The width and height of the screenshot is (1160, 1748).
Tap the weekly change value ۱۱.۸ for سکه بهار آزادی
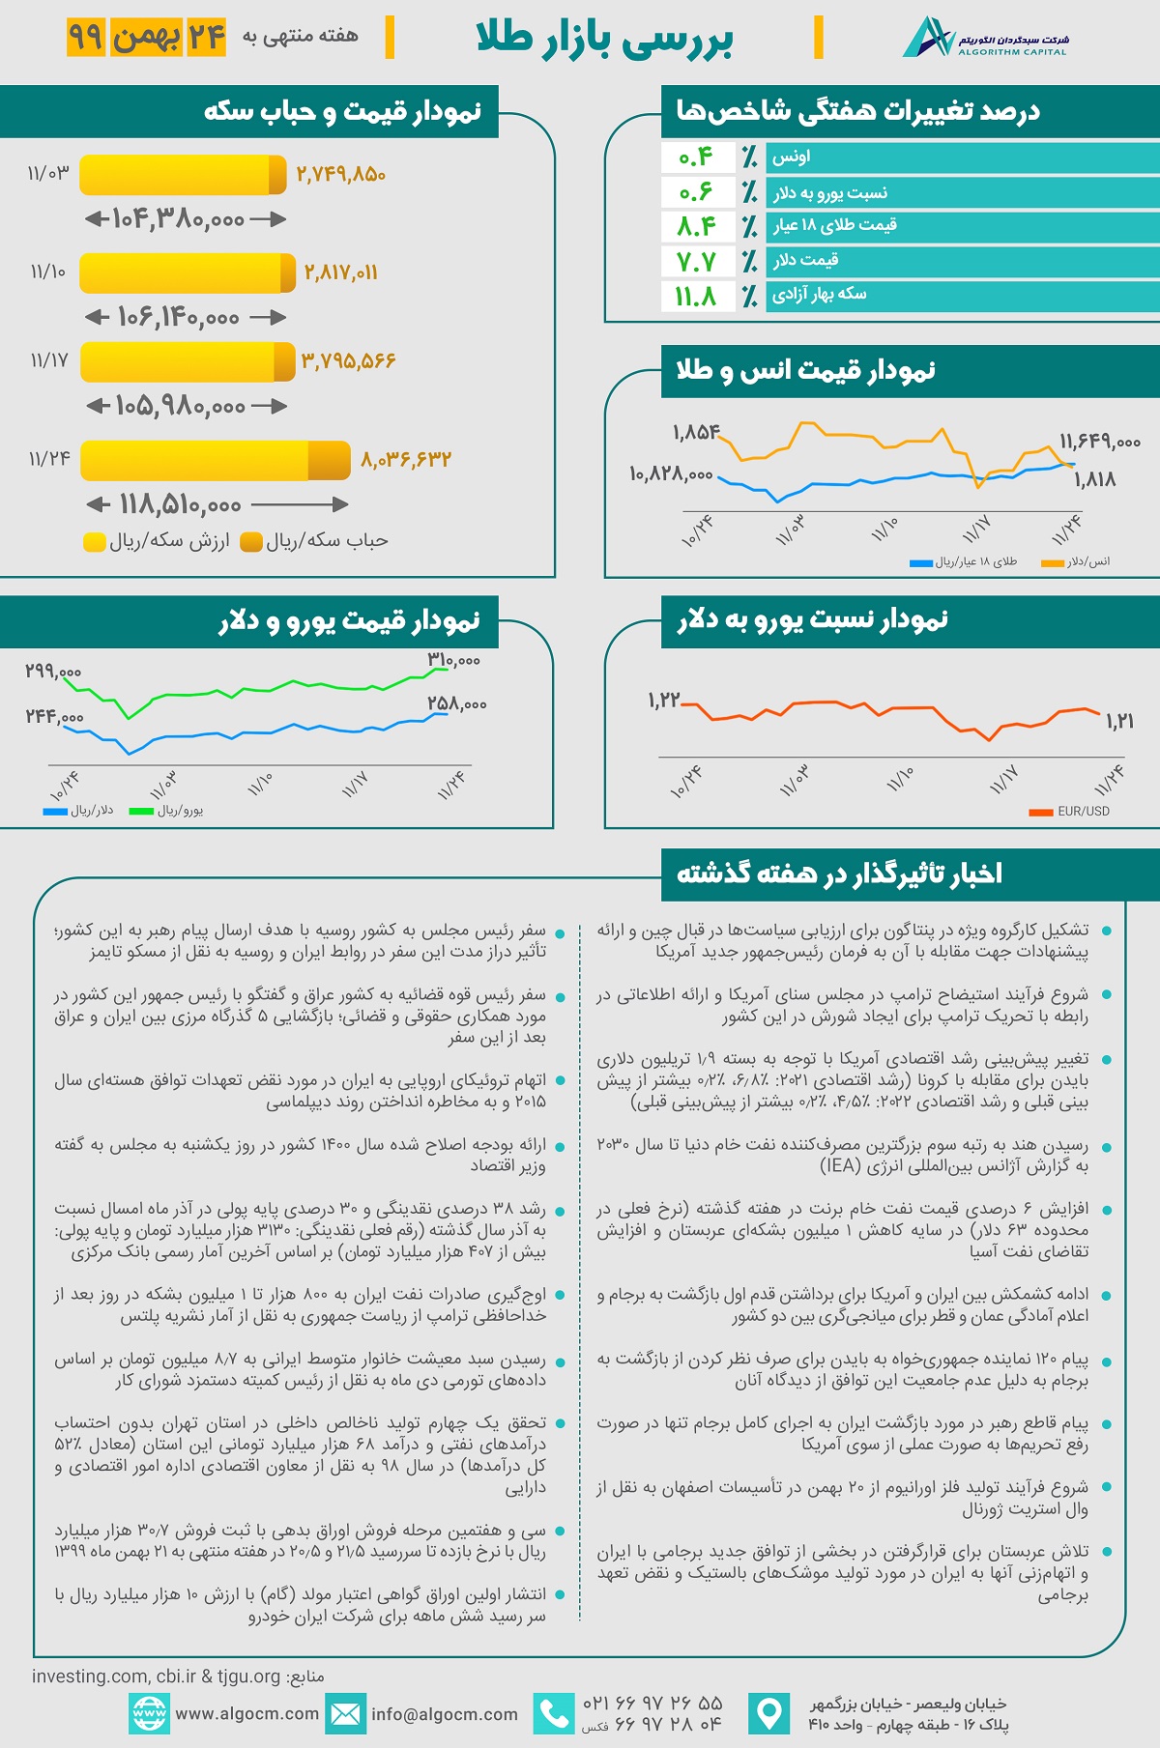(x=696, y=296)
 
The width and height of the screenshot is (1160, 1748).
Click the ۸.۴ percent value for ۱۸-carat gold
(x=696, y=226)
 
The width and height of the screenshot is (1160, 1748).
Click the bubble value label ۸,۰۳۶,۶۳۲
(x=406, y=460)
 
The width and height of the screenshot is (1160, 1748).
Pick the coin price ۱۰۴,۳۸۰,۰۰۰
(x=179, y=219)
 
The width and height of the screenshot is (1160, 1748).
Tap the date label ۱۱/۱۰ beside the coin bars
(x=48, y=272)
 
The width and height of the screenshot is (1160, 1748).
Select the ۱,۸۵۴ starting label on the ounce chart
(x=696, y=432)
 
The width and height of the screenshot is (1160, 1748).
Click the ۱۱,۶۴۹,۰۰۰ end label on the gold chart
(x=1100, y=442)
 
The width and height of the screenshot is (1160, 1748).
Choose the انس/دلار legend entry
(x=1077, y=562)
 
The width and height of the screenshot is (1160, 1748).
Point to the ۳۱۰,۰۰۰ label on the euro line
(x=453, y=660)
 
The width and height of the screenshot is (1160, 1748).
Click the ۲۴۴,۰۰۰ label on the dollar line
(x=55, y=717)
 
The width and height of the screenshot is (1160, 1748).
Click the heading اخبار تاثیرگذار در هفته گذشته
(x=839, y=874)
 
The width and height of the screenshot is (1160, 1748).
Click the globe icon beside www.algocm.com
(x=149, y=1713)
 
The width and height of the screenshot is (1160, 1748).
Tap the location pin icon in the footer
(x=769, y=1713)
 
